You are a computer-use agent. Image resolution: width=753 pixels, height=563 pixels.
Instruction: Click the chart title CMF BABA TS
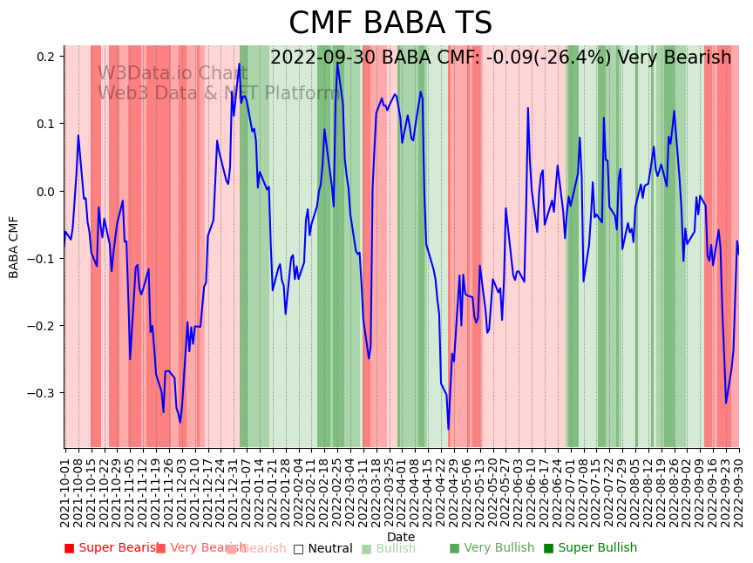[390, 24]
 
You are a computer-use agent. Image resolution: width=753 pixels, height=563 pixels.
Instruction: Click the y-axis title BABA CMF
[14, 247]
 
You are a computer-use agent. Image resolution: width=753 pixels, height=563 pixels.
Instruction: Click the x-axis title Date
[401, 537]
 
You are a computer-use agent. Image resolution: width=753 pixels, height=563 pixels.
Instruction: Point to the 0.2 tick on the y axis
[46, 57]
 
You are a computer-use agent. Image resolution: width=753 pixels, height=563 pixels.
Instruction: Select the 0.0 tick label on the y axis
[46, 191]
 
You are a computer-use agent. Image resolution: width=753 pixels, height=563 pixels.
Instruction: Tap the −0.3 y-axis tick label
[43, 393]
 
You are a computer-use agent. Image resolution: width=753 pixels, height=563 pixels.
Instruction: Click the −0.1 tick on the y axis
[43, 259]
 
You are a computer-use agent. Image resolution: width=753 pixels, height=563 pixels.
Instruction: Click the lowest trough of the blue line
[449, 429]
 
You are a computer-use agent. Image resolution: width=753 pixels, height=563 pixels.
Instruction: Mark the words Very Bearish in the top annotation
[675, 58]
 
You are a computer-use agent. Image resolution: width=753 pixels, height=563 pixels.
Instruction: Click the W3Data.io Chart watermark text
[173, 73]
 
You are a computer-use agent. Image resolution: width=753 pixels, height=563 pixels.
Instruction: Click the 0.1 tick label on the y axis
[46, 124]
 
